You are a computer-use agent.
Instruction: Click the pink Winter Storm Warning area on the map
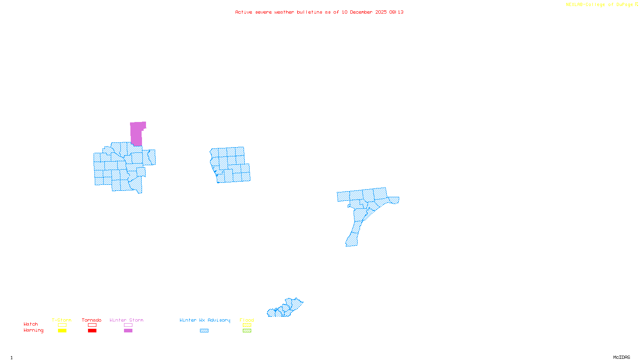136,134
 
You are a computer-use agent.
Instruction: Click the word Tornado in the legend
92,320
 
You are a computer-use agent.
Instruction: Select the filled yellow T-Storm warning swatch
62,331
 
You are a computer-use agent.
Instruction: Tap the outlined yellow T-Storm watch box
62,325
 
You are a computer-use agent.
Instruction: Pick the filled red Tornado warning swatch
92,331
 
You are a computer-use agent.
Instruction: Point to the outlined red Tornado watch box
92,325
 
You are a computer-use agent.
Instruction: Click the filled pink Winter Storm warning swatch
128,331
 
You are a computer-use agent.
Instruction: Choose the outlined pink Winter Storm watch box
128,325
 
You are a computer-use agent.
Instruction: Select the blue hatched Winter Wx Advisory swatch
204,331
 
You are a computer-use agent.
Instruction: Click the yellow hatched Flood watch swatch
247,325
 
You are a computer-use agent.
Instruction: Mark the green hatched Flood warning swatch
247,331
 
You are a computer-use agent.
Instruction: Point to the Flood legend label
247,320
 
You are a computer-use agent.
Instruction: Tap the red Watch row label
31,324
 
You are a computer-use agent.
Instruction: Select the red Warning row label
34,330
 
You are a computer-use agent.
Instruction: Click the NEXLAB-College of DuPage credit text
600,5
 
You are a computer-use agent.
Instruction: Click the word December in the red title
361,12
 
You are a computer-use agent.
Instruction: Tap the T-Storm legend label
62,320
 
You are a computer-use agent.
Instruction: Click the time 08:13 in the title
396,12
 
